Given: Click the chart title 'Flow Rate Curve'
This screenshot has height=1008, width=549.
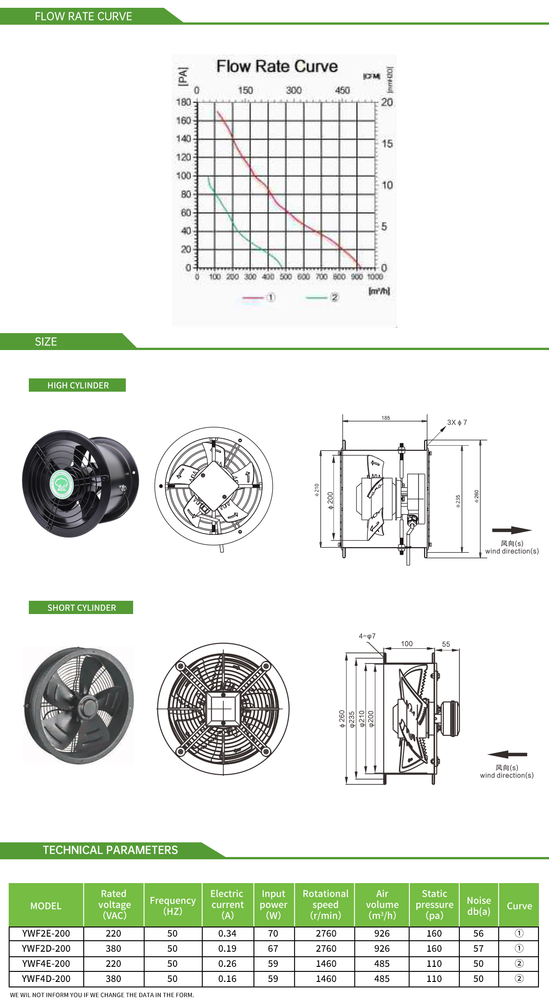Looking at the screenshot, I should coord(277,66).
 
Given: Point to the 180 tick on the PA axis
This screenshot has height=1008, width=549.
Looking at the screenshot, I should coord(183,102).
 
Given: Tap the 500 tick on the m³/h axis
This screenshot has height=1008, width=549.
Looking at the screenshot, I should coord(285,277).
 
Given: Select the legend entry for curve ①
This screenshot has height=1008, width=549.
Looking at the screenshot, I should coord(259,298).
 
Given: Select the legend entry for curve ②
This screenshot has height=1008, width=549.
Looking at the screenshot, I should coord(323,298).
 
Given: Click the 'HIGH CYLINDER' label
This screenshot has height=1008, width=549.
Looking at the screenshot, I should coord(77,385).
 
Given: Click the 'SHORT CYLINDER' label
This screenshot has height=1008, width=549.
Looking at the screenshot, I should coord(81,608).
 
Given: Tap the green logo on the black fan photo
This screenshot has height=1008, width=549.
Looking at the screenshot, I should coord(62,484).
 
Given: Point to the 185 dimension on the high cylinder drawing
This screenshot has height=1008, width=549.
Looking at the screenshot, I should coord(386,418).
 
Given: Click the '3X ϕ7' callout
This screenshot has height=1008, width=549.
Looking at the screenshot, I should coord(457,422).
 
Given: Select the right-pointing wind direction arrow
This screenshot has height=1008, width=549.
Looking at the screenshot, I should coord(511,530).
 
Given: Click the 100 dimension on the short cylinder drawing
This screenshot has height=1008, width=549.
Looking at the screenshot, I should coord(407,644).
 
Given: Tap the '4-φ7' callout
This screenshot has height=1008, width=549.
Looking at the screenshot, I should coord(367,636).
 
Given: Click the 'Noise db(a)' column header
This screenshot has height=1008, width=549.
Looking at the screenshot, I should coord(479,906).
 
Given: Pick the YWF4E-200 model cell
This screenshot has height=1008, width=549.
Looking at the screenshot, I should coord(46,964).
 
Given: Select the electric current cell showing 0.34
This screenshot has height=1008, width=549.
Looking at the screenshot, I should coord(227,933).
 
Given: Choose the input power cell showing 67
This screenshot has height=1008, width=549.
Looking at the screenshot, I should coord(273,949).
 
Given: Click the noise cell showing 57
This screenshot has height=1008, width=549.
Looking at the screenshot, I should coord(479,949).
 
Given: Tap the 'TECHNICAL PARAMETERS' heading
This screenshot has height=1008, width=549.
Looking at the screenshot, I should coord(110,850).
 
